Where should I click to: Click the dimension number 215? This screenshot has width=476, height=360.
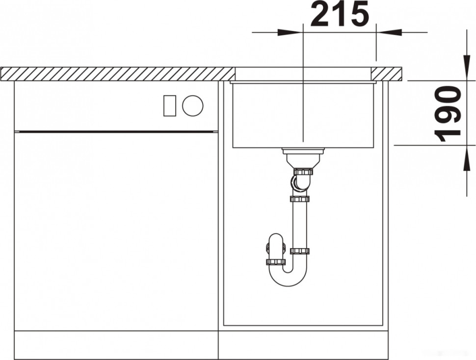(340, 14)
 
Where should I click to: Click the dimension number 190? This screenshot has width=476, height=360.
(448, 114)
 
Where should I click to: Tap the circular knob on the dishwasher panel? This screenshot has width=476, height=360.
(193, 105)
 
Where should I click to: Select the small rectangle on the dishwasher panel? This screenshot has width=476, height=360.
(170, 105)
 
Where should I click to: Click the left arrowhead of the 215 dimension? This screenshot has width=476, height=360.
(290, 32)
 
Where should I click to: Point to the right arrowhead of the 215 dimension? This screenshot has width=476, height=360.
(389, 32)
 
